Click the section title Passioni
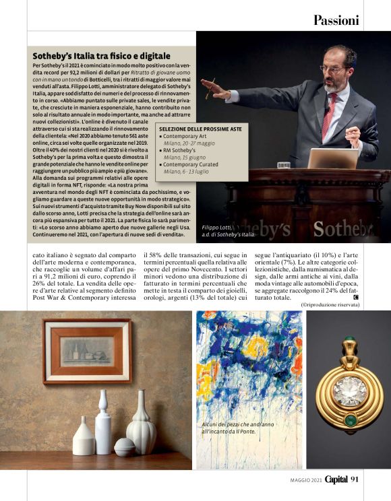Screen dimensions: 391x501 click(x=336, y=20)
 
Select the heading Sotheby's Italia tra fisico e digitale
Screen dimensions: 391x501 click(x=102, y=55)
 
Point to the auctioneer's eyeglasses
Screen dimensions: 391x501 click(x=332, y=68)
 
